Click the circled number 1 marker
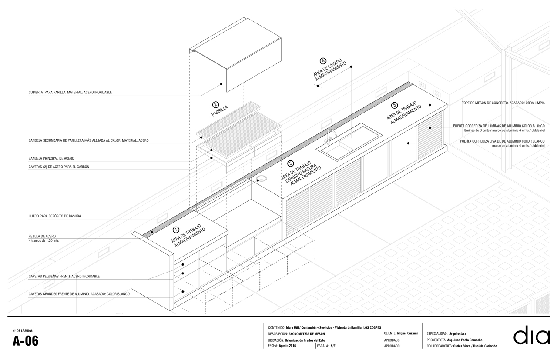(176, 230)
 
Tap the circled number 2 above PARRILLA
(215, 105)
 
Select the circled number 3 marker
(291, 163)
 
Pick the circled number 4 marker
(323, 61)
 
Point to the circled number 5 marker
(394, 105)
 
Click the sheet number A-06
(26, 341)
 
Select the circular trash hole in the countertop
(262, 179)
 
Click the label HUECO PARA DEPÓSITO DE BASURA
(54, 216)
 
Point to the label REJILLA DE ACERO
(42, 236)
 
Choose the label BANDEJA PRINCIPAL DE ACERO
(54, 158)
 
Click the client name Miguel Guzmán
(408, 333)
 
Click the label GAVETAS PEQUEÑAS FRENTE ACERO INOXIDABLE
(64, 276)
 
